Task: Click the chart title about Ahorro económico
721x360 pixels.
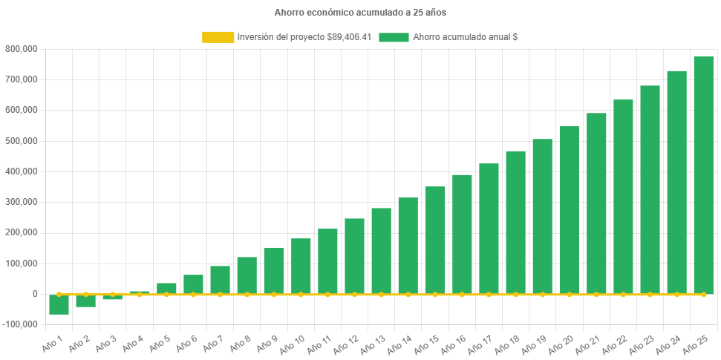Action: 360,13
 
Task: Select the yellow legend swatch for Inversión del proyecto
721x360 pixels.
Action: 217,37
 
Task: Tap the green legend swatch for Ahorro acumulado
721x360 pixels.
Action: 394,37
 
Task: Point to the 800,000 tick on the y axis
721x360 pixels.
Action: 23,49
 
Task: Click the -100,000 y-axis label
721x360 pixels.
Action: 22,324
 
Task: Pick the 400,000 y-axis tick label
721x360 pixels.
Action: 23,171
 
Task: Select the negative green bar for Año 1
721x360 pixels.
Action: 59,304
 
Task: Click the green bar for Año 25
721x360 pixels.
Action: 703,175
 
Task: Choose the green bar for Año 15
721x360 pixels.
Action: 435,240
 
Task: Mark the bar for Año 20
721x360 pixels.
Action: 570,210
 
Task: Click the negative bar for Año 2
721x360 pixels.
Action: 86,301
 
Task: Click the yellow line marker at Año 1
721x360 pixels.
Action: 59,295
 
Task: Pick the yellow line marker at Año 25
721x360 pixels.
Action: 703,295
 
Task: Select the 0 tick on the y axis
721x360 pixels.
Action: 34,294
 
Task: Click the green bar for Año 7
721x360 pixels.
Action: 220,280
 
